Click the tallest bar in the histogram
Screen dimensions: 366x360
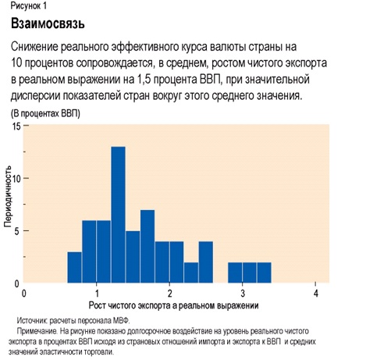[x=119, y=215]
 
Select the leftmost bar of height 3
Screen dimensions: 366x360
[x=75, y=267]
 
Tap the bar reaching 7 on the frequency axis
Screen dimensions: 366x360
[x=147, y=246]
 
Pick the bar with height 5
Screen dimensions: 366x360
[x=133, y=257]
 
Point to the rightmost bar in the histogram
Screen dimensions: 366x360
[x=265, y=273]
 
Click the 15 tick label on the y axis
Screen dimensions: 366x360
[x=16, y=127]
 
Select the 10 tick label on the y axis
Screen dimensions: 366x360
[x=16, y=179]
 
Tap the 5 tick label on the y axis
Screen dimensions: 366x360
[x=17, y=231]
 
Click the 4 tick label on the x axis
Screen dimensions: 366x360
[x=316, y=294]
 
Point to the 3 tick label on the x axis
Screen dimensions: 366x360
[x=243, y=294]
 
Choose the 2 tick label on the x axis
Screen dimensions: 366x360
[x=170, y=294]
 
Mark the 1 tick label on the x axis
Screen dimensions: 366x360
[x=97, y=294]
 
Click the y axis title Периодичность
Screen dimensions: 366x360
[x=8, y=196]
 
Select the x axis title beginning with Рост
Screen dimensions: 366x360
[x=174, y=305]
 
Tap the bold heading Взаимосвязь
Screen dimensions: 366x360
[x=48, y=23]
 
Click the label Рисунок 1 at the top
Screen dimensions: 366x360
[x=29, y=6]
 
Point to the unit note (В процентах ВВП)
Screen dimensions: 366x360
[x=45, y=113]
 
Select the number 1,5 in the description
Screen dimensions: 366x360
[x=144, y=80]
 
